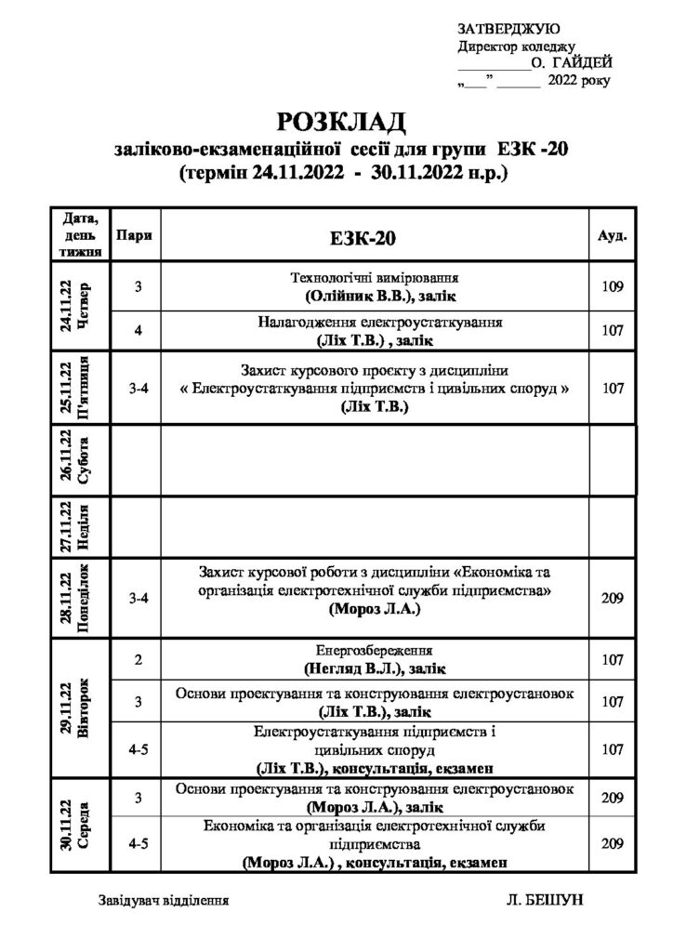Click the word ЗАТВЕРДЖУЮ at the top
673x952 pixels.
pyautogui.click(x=508, y=29)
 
